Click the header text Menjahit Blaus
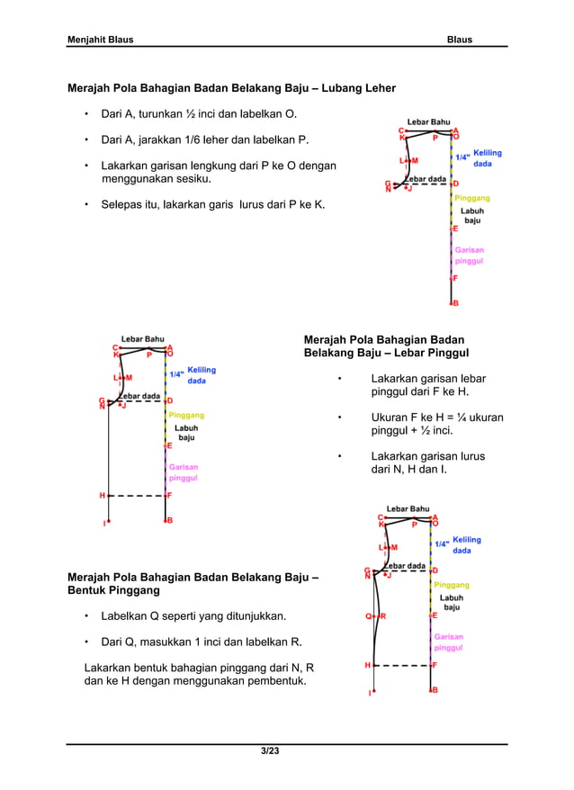101,40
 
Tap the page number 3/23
269,751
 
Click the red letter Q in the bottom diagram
368,616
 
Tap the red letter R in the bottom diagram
383,616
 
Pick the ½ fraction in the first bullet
191,115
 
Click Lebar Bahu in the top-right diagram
428,121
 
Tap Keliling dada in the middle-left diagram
202,375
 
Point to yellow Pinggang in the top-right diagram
472,197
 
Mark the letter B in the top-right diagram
455,303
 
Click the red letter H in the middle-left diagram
102,495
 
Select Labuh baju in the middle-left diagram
186,433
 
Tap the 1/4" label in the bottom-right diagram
442,543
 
